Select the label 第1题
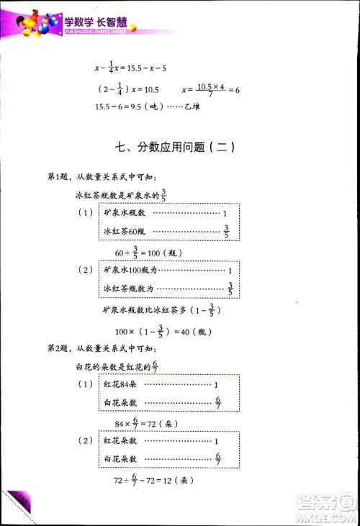click(58, 178)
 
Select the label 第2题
click(58, 349)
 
